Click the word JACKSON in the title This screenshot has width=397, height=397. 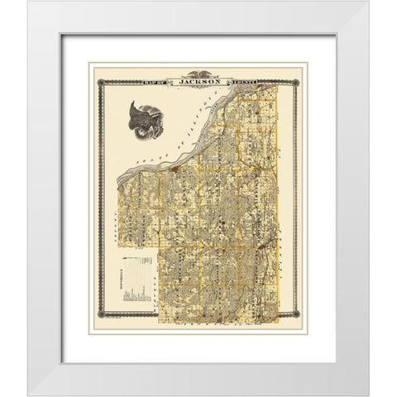[x=198, y=82]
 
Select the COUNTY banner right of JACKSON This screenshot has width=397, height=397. [x=238, y=82]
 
